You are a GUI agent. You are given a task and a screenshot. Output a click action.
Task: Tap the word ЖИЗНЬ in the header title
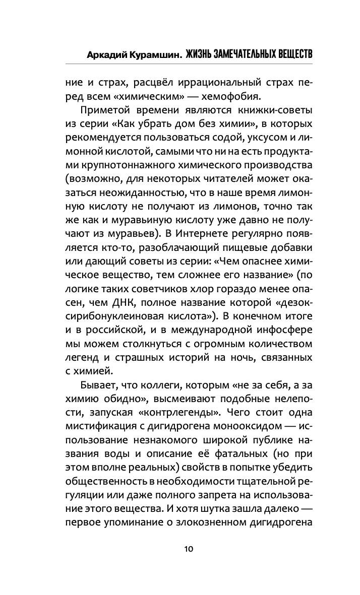point(200,54)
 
